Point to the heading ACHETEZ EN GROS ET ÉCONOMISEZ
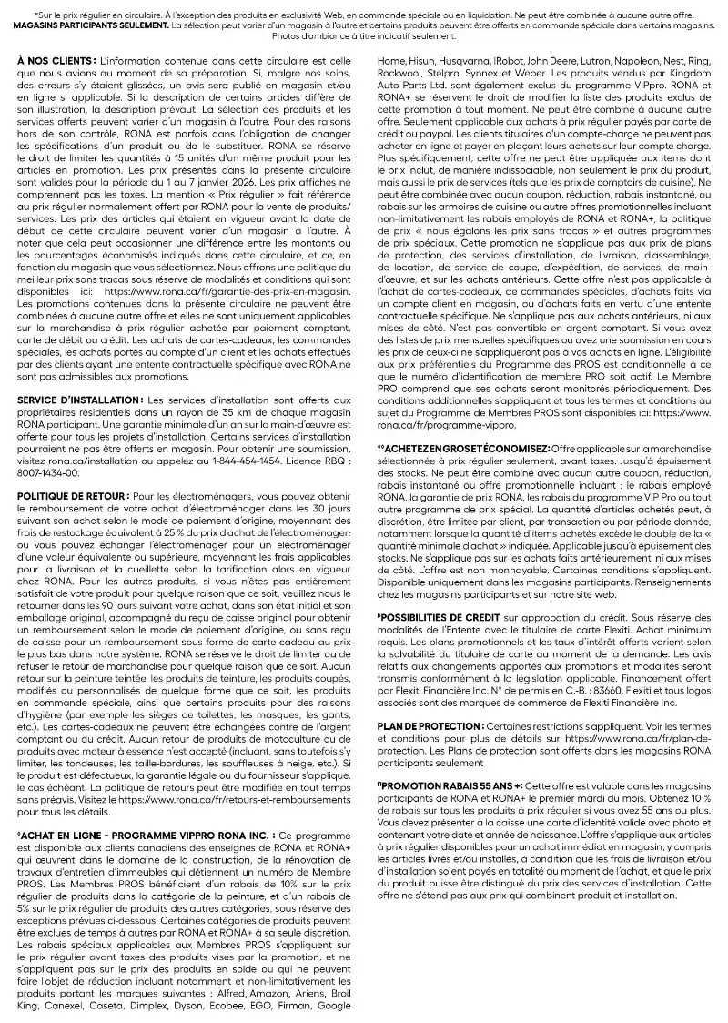click(462, 450)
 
